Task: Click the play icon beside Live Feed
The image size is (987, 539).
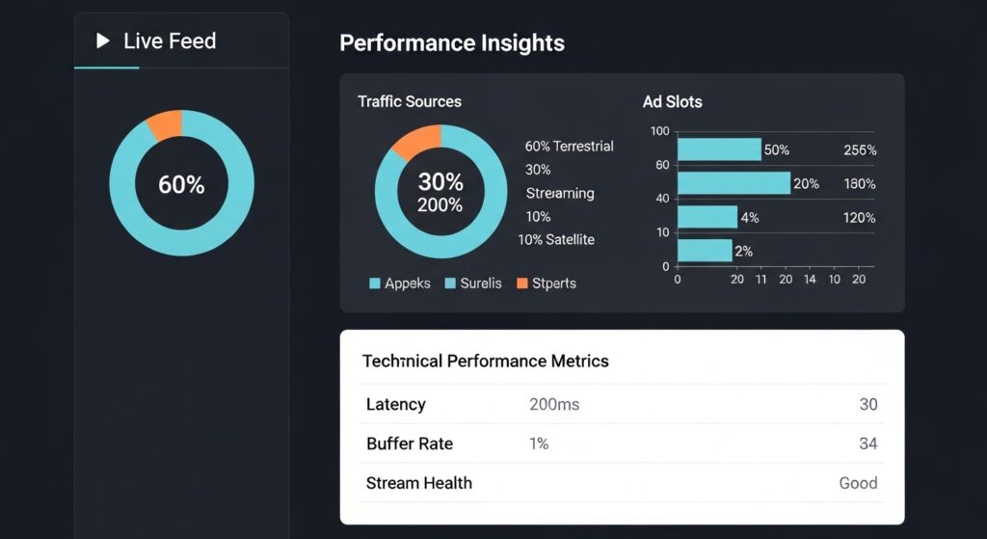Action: click(103, 41)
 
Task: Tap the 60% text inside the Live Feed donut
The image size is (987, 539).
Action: click(181, 184)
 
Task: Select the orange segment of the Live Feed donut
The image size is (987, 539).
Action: click(166, 125)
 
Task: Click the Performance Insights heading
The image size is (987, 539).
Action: click(452, 43)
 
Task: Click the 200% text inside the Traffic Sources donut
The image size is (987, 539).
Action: click(440, 205)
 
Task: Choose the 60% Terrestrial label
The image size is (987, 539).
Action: click(569, 147)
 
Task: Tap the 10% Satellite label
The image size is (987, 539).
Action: click(556, 239)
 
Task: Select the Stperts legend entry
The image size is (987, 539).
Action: click(547, 283)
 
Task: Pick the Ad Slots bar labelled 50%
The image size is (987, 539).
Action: click(719, 149)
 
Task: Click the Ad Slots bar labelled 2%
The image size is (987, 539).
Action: click(705, 251)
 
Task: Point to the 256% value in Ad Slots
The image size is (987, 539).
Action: click(859, 150)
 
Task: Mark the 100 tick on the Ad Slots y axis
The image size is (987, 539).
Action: click(659, 131)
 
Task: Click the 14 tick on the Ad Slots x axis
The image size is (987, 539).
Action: click(809, 280)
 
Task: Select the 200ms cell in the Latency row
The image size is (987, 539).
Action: click(554, 405)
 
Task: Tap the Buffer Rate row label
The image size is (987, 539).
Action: click(410, 445)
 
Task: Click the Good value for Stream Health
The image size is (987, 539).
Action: click(858, 483)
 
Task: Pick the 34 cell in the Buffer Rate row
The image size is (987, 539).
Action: click(867, 445)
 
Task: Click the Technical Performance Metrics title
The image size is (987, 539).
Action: click(485, 362)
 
